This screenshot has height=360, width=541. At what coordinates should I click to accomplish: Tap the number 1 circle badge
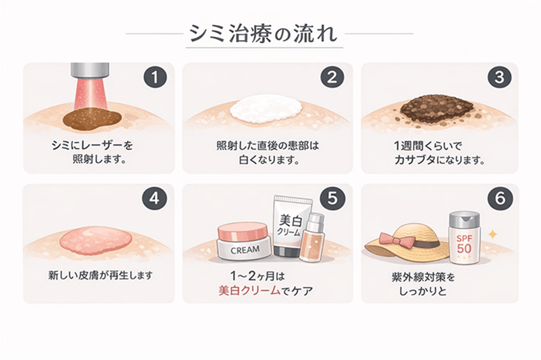(x=154, y=77)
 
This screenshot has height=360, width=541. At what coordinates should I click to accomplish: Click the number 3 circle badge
(x=499, y=77)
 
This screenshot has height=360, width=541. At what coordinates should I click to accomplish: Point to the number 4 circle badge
(x=154, y=199)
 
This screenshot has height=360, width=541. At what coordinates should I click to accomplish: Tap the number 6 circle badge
(x=499, y=199)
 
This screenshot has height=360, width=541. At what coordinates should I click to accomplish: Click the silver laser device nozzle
(x=90, y=71)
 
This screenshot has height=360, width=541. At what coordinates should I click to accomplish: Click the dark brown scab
(x=436, y=108)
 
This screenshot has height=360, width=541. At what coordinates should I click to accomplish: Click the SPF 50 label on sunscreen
(x=464, y=243)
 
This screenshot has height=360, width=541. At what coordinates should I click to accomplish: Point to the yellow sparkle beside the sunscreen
(x=492, y=234)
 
